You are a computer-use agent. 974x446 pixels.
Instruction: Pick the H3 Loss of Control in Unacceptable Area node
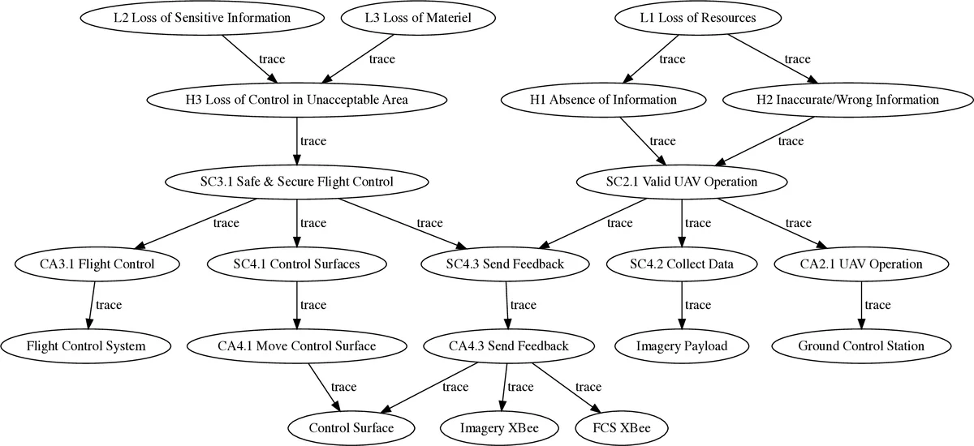(296, 100)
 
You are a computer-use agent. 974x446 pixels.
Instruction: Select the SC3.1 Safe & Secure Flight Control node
(296, 182)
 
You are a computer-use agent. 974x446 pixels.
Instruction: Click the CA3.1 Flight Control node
(97, 264)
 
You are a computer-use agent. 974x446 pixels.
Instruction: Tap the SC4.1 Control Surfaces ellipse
(295, 264)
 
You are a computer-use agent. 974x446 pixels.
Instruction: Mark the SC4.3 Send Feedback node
(505, 264)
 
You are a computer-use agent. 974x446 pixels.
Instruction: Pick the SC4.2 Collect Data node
(681, 264)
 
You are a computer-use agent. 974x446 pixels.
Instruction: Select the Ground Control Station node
(860, 345)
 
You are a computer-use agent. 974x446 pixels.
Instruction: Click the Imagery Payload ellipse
(681, 345)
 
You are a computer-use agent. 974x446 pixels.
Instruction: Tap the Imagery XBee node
(499, 427)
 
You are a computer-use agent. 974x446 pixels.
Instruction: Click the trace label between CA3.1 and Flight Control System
(108, 305)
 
